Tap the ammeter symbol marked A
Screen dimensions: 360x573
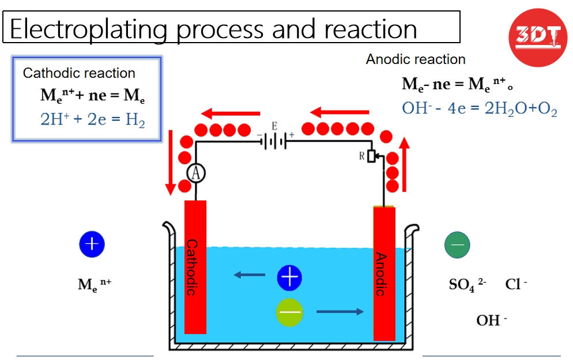click(x=196, y=173)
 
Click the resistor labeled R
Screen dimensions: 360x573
click(x=371, y=156)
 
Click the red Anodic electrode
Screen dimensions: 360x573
click(x=384, y=274)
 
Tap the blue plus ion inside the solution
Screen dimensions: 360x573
click(x=289, y=278)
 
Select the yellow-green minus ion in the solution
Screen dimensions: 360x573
click(x=289, y=312)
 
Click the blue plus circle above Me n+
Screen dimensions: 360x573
click(x=92, y=244)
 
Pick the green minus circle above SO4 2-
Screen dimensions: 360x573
click(x=457, y=245)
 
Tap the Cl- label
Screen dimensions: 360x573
click(x=516, y=285)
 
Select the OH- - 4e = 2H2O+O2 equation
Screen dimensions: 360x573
click(x=479, y=108)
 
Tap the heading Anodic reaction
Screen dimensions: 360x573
click(x=415, y=59)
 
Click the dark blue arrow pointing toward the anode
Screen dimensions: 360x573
click(x=340, y=312)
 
